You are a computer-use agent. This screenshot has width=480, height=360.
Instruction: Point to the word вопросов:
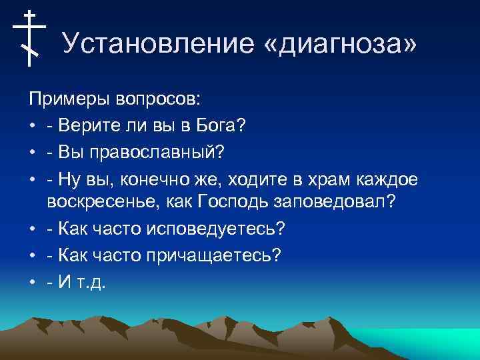click(161, 100)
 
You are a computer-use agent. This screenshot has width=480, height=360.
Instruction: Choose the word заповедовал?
click(341, 202)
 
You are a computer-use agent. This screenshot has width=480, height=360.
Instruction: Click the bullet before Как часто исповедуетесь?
click(32, 228)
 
